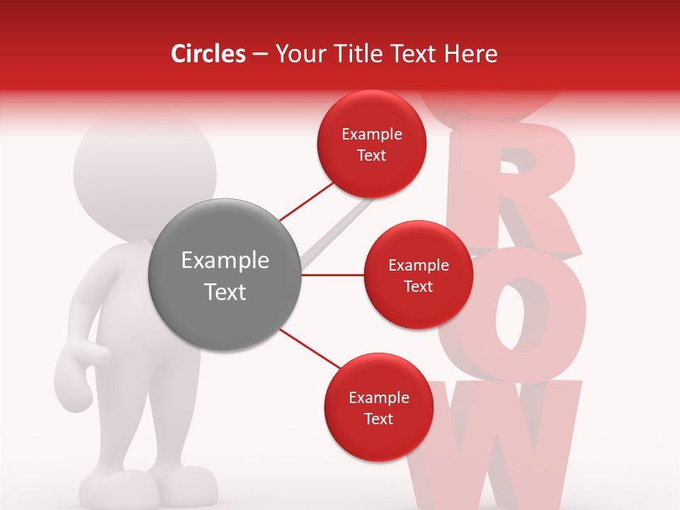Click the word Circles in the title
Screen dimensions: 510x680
coord(208,54)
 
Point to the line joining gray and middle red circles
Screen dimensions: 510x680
coord(332,275)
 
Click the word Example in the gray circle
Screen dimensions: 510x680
coord(225,261)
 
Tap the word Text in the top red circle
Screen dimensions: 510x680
coord(371,155)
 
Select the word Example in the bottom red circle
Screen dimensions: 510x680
coord(378,398)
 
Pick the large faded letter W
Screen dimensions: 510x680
coord(496,446)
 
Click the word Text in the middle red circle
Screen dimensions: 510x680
coord(418,286)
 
